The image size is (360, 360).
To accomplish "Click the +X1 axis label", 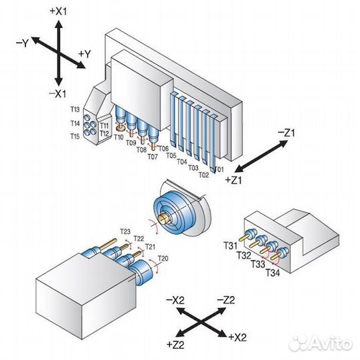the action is tap(59, 11).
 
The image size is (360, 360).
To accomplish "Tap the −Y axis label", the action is tap(22, 43).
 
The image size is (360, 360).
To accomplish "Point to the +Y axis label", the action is tap(85, 54).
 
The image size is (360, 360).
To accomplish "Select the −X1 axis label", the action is tap(57, 94).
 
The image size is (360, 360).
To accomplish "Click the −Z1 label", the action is tap(286, 133).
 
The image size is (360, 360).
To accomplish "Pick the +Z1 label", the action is tap(234, 180).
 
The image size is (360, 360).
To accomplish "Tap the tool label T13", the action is tap(75, 109).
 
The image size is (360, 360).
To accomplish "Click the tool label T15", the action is tap(75, 137).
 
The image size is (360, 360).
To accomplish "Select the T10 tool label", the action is tap(119, 137).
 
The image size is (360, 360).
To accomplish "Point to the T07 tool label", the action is tap(153, 157).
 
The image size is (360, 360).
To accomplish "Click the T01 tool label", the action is tap(219, 169).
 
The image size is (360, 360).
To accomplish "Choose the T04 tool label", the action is tap(182, 162).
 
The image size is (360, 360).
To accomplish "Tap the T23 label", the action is tap(125, 231).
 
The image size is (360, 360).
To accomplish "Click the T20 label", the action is tap(163, 259).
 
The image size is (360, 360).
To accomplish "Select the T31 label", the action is tap(230, 246).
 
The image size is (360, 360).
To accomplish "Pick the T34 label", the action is tap(273, 273).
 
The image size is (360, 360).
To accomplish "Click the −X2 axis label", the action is tap(175, 300).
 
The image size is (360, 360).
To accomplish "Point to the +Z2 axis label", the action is tap(175, 345).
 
